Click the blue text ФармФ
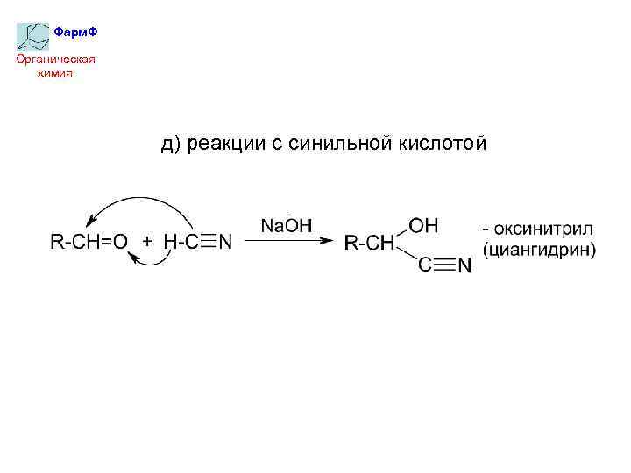click(x=75, y=32)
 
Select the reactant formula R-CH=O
click(x=89, y=243)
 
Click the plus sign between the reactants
click(x=146, y=243)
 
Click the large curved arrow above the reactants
click(x=140, y=207)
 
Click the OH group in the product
click(x=424, y=225)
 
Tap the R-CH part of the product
click(x=369, y=244)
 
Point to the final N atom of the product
click(x=464, y=266)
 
